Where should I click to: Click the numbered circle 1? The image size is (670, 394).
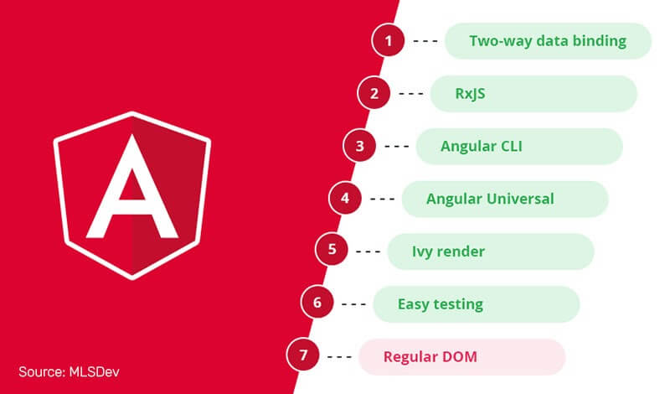coord(388,40)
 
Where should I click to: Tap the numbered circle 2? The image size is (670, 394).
coord(374,93)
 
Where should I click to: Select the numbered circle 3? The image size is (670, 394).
coord(359,146)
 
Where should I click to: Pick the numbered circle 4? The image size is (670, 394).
coord(345,198)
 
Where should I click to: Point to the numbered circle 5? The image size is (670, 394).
coord(332,250)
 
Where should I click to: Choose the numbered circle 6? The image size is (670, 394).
coord(317,303)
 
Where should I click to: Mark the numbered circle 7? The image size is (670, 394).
coord(303,355)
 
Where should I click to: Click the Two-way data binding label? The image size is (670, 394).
coord(548,41)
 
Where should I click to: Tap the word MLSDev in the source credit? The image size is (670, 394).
coord(94,371)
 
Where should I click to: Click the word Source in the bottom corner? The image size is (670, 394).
coord(42,371)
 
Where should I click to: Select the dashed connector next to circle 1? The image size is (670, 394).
coord(425,41)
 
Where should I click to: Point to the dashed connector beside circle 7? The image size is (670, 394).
coord(339,357)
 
